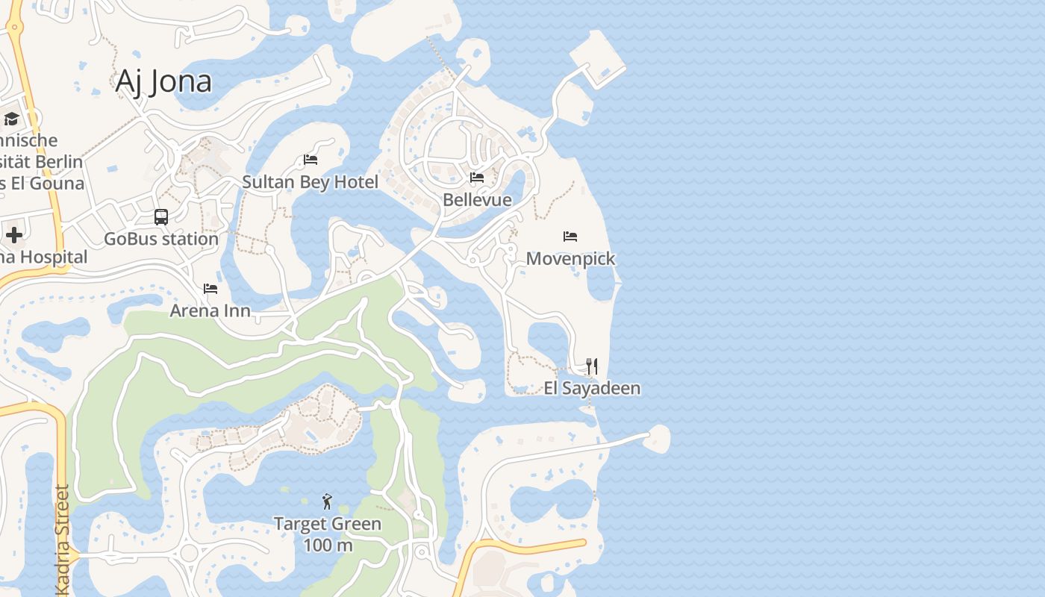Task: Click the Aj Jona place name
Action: point(163,81)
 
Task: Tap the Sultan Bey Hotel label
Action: point(310,182)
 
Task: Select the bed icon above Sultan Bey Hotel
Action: point(311,160)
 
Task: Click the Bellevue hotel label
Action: point(477,200)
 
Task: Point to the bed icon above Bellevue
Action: point(477,178)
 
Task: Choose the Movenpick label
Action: point(570,259)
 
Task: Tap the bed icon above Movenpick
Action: point(570,237)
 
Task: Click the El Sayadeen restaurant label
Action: point(592,388)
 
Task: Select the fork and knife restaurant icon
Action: point(592,366)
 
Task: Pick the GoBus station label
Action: point(161,239)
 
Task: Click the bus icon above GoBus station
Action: point(161,217)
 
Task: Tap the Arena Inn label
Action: point(210,310)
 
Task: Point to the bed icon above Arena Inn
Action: point(210,289)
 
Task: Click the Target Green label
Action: point(328,524)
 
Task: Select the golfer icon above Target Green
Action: point(327,501)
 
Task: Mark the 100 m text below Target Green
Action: point(328,545)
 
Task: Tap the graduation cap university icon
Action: point(11,119)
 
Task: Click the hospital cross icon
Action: point(13,236)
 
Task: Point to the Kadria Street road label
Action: point(63,539)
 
